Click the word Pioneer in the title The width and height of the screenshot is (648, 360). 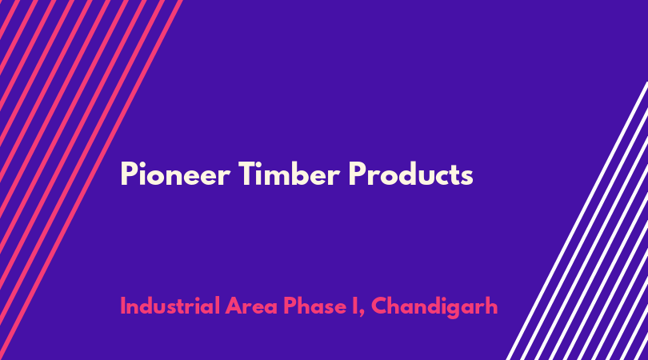coord(175,174)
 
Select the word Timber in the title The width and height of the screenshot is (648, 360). coord(289,174)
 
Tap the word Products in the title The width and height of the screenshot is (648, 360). coord(410,174)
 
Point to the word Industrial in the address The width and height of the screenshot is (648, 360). coord(170,306)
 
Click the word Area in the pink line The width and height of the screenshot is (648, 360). coord(251,306)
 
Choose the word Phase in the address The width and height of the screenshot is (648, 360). coord(314,306)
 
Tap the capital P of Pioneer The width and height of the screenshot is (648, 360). coord(128,174)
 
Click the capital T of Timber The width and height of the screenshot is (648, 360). coord(248,174)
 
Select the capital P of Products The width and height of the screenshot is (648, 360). coord(357,174)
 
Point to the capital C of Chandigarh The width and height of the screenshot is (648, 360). coord(380,306)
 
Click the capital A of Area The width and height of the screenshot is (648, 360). coord(234,306)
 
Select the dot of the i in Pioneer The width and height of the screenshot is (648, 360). coord(142,164)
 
